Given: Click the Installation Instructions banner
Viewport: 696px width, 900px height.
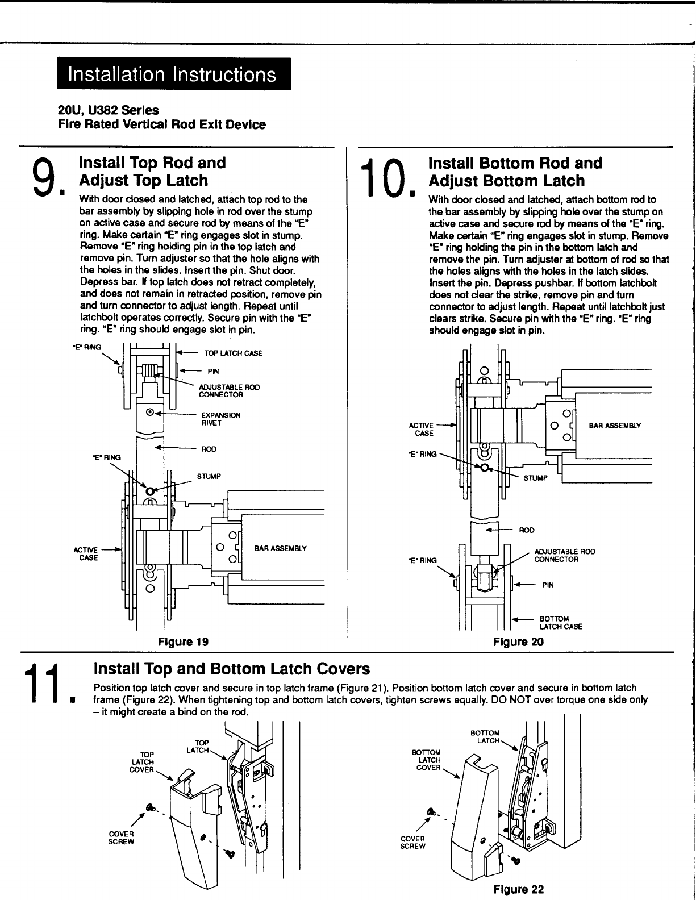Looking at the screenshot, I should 173,74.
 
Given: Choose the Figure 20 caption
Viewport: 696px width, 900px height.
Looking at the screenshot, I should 518,642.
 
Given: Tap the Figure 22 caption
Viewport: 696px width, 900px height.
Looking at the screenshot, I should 518,889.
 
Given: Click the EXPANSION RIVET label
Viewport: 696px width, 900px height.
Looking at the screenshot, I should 221,419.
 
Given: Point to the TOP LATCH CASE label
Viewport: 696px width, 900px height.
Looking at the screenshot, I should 234,353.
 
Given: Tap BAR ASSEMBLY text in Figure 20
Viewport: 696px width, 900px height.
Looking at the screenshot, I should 615,425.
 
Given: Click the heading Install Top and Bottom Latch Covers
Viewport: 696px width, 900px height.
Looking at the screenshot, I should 231,668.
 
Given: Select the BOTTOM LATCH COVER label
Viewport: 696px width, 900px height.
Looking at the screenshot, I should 429,760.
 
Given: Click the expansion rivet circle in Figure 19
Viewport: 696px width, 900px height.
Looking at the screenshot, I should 150,413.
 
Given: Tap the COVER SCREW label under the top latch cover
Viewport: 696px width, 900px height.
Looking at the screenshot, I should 121,838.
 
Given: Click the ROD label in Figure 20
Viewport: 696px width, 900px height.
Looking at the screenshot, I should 527,530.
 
